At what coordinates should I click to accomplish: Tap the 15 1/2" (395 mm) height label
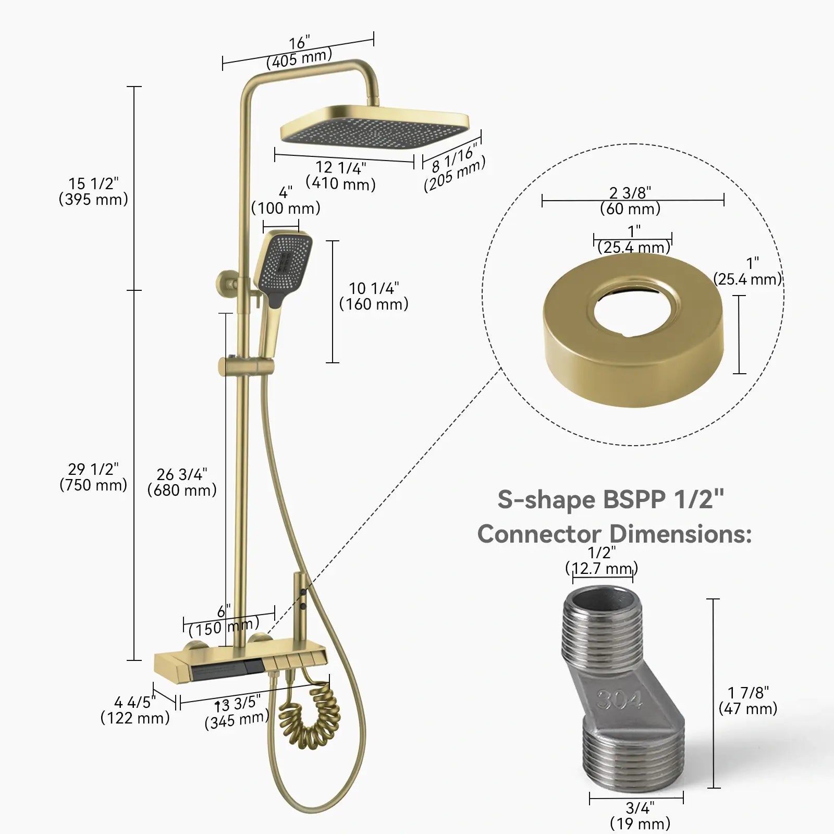pyautogui.click(x=93, y=191)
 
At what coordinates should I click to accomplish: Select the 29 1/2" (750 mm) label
pyautogui.click(x=93, y=477)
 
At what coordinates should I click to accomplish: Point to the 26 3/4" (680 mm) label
pyautogui.click(x=182, y=482)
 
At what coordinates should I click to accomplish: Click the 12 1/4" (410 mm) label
pyautogui.click(x=341, y=176)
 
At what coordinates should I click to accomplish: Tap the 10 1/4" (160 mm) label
pyautogui.click(x=374, y=296)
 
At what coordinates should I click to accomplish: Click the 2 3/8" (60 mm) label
pyautogui.click(x=630, y=201)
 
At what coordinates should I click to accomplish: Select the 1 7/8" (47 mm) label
pyautogui.click(x=748, y=701)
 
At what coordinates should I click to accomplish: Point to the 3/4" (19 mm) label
pyautogui.click(x=640, y=815)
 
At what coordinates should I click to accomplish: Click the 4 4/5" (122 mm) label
pyautogui.click(x=135, y=710)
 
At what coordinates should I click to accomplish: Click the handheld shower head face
pyautogui.click(x=285, y=263)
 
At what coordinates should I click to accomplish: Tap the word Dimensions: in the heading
pyautogui.click(x=681, y=534)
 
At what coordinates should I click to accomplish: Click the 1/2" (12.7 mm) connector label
pyautogui.click(x=602, y=560)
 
